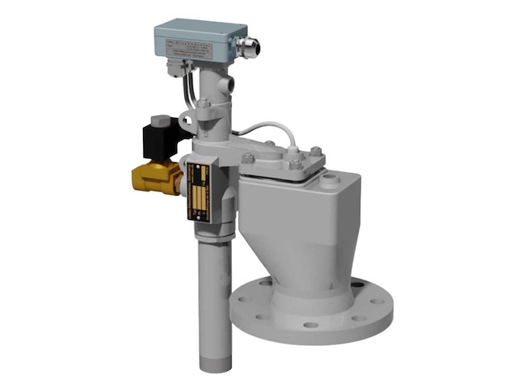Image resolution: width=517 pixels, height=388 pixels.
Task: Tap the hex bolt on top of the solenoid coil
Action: click(x=162, y=120)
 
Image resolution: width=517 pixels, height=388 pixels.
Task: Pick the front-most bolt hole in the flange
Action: click(x=312, y=326)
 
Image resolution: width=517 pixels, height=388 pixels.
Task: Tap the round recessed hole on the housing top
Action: click(x=329, y=183)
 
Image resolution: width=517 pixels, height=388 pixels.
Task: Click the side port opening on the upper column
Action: click(x=231, y=83)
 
